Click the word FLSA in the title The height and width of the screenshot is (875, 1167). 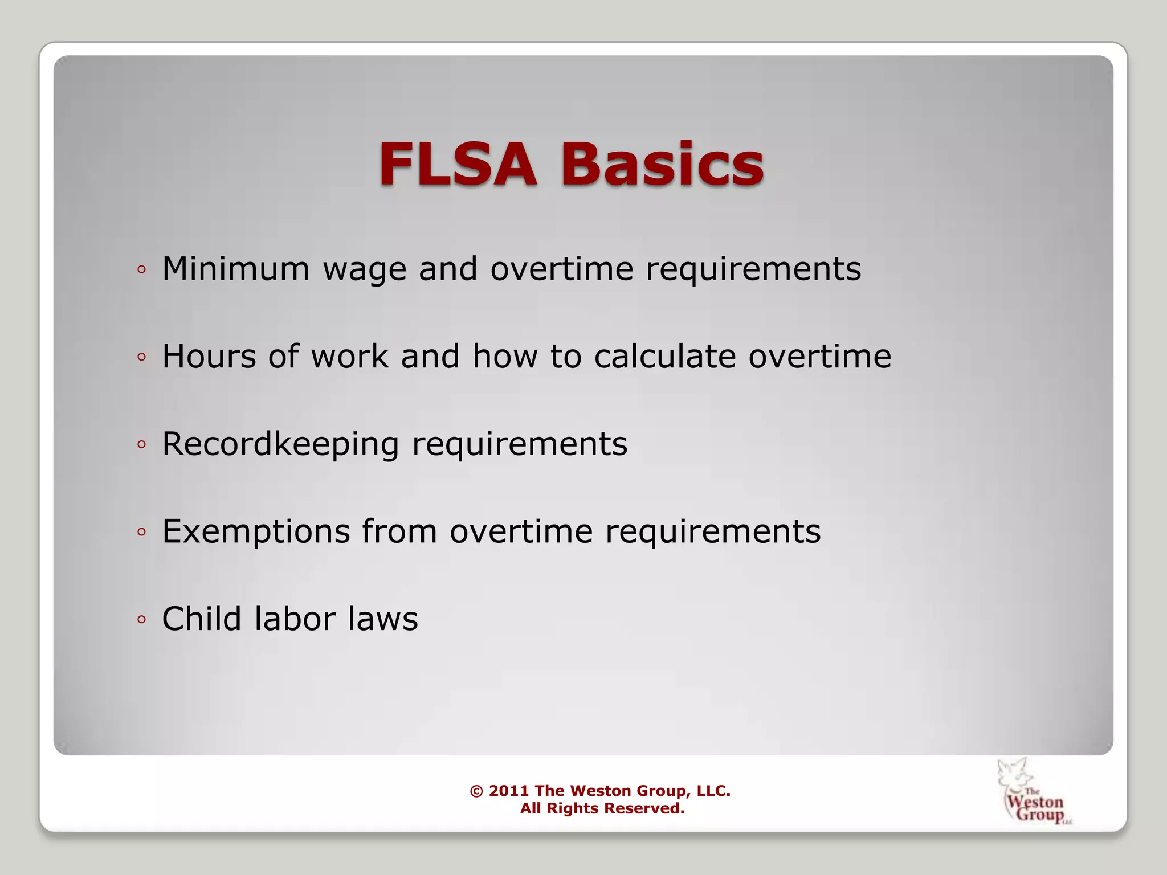tap(458, 165)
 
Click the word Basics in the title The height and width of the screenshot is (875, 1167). tap(662, 165)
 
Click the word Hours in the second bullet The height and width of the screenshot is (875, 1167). tap(209, 357)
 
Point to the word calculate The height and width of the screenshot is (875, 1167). tap(664, 357)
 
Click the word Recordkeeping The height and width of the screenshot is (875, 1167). tap(280, 444)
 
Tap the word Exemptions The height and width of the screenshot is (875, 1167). tap(256, 532)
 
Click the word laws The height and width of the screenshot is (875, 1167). tap(383, 620)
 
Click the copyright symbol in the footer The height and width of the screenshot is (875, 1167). tap(476, 791)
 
